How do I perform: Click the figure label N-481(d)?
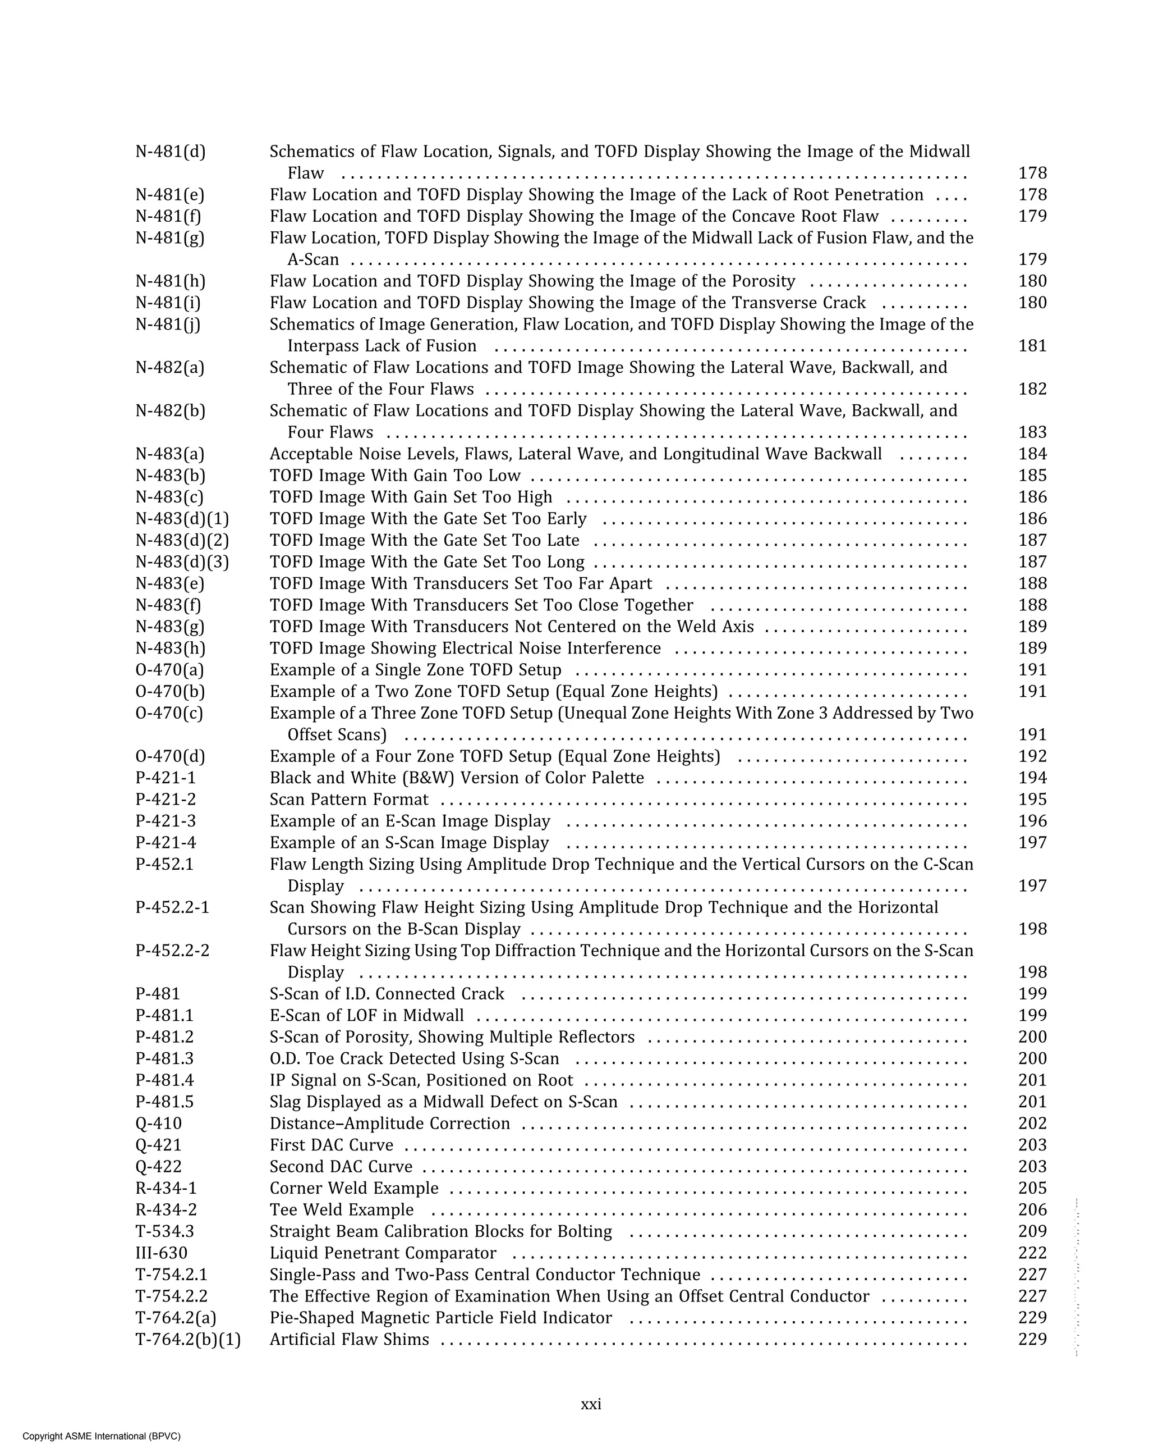click(x=171, y=152)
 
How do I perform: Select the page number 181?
click(x=1032, y=346)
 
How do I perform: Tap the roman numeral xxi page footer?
click(x=591, y=1404)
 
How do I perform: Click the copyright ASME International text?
click(x=101, y=1436)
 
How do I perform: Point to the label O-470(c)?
click(x=169, y=713)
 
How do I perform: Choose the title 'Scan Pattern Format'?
click(x=348, y=799)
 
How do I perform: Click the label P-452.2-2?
click(x=173, y=951)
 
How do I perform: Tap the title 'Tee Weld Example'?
click(x=341, y=1209)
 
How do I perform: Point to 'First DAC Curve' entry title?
click(x=331, y=1145)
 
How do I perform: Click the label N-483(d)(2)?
click(x=182, y=540)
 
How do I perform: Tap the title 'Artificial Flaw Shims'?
click(x=349, y=1339)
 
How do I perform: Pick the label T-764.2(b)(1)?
click(x=188, y=1339)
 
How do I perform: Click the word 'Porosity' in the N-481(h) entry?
click(x=763, y=281)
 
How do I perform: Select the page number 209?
click(x=1032, y=1231)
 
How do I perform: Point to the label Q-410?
click(x=159, y=1123)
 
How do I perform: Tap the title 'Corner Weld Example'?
click(x=354, y=1188)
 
